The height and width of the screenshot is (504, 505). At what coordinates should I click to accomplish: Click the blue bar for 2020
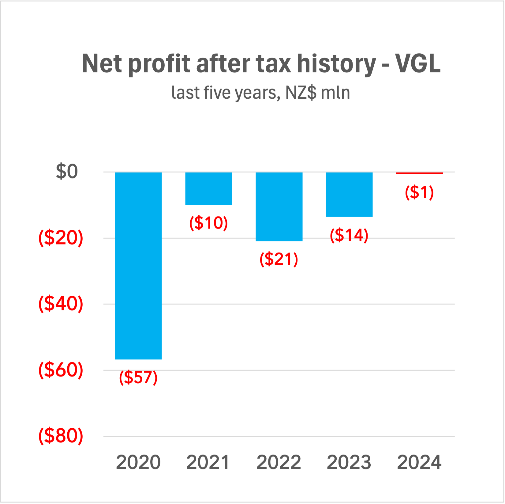[138, 265]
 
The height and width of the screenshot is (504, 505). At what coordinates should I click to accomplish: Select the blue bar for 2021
[209, 188]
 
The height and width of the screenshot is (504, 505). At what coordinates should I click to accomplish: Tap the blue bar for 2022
[279, 207]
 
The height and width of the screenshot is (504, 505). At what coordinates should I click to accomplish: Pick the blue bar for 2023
[349, 195]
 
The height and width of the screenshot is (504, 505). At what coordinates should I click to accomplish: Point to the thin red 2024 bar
[419, 173]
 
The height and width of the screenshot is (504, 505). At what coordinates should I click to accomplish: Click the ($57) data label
[138, 377]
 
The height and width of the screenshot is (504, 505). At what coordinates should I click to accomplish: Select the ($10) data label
[209, 223]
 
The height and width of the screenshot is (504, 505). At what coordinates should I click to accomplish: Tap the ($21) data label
[279, 259]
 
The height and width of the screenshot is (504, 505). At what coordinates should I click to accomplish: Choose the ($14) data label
[349, 235]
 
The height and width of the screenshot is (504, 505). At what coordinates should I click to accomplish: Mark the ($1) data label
[419, 192]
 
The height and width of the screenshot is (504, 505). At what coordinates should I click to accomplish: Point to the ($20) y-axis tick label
[61, 238]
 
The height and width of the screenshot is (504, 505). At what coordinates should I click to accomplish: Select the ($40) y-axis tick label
[61, 304]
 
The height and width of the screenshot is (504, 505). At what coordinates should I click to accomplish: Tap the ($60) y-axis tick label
[61, 370]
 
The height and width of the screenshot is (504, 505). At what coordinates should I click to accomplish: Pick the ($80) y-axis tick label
[61, 436]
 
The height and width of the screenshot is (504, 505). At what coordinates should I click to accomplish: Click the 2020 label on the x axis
[138, 462]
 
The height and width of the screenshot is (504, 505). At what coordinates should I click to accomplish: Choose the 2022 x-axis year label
[279, 462]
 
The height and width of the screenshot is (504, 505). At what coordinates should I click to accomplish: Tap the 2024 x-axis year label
[419, 462]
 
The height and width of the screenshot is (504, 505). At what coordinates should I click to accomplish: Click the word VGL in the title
[418, 64]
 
